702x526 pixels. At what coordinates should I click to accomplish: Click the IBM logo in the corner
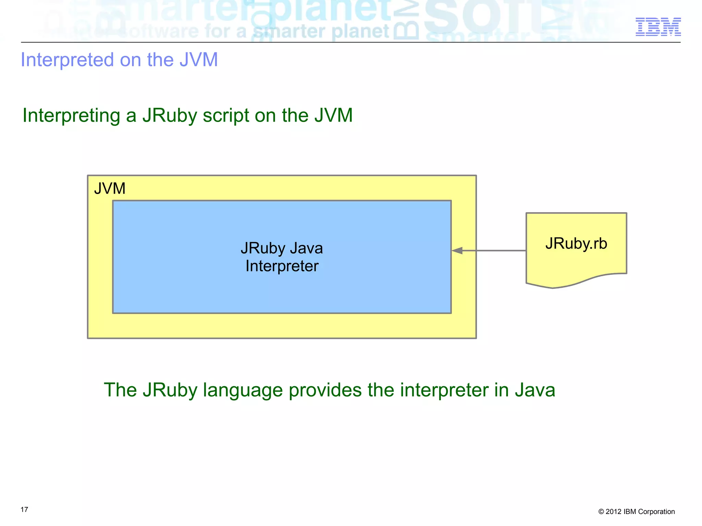(x=658, y=27)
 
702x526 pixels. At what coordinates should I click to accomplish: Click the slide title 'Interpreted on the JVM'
(x=119, y=60)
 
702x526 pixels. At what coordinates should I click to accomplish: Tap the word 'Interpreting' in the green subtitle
(x=71, y=115)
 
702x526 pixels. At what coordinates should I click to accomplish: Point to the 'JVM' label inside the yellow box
(x=110, y=188)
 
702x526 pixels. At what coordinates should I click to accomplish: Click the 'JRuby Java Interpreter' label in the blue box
(x=282, y=257)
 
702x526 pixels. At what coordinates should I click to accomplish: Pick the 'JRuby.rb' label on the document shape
(x=576, y=243)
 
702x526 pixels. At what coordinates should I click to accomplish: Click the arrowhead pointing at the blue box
(x=457, y=251)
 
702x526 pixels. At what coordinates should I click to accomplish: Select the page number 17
(x=24, y=510)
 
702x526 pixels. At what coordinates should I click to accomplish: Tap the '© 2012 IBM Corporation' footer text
(x=637, y=512)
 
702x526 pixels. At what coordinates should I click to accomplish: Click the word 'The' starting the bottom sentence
(x=120, y=390)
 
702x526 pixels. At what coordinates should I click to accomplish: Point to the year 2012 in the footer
(x=613, y=512)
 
